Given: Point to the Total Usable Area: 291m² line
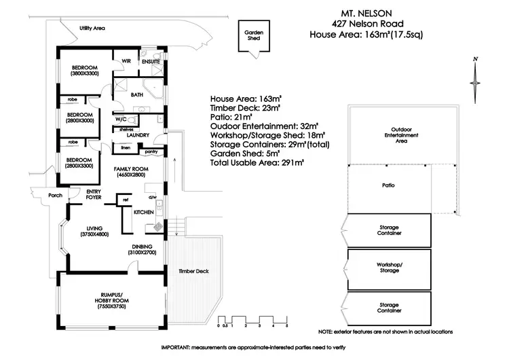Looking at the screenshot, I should [257, 162].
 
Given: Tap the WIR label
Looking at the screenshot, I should [126, 61].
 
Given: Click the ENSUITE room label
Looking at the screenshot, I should [151, 61].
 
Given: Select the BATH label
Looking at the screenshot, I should [136, 95].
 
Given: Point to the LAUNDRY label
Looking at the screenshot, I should [137, 135].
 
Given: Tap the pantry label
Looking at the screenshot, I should [151, 151].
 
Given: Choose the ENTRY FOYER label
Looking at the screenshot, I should [93, 195].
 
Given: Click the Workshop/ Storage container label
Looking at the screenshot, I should [389, 266].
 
